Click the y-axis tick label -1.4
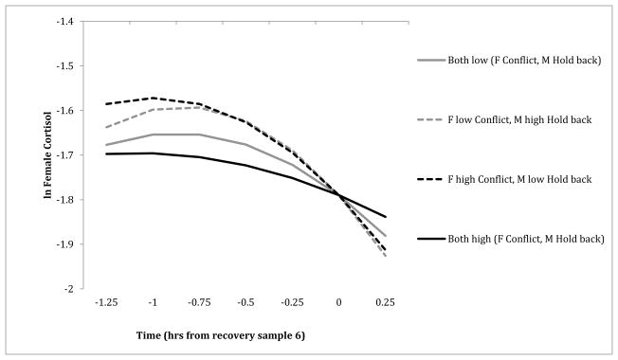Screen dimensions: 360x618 tap(69, 21)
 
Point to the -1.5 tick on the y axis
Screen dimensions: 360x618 tap(69, 65)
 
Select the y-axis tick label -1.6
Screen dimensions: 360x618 tap(69, 110)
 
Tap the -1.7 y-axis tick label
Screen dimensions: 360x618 tap(69, 154)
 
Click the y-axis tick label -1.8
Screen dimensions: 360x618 tap(69, 199)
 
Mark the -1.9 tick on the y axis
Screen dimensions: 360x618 tap(69, 243)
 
